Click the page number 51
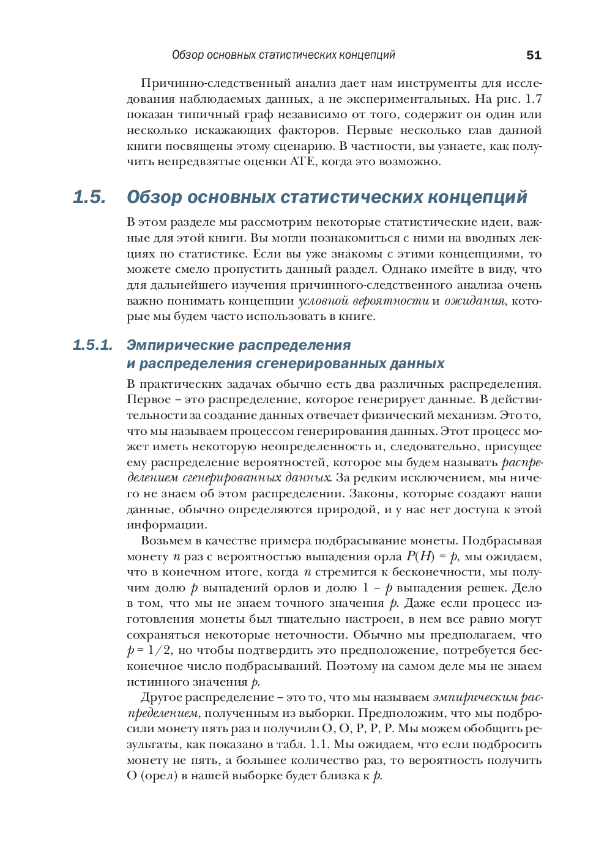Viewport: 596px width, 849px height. click(x=534, y=55)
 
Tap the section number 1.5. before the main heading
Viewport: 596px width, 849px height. click(x=89, y=197)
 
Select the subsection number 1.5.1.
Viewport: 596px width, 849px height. click(x=92, y=345)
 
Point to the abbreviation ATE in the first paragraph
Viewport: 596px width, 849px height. click(x=301, y=161)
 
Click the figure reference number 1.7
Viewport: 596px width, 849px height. click(x=534, y=98)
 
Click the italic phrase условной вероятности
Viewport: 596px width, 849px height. click(x=363, y=300)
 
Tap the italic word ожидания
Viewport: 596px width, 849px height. click(x=474, y=300)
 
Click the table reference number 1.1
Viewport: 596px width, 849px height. click(x=319, y=744)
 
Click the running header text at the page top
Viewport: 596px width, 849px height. click(x=283, y=55)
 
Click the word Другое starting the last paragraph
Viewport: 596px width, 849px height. click(x=161, y=697)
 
